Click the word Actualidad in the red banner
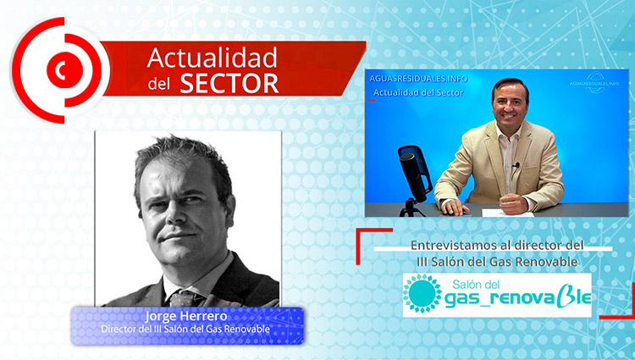pyautogui.click(x=213, y=58)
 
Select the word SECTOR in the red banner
pyautogui.click(x=229, y=84)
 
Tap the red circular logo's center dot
pyautogui.click(x=64, y=70)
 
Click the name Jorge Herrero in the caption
pyautogui.click(x=186, y=316)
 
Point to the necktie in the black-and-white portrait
pyautogui.click(x=185, y=299)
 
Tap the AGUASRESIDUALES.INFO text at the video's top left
pyautogui.click(x=418, y=79)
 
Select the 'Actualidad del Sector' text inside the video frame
pyautogui.click(x=418, y=92)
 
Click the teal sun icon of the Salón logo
pyautogui.click(x=422, y=293)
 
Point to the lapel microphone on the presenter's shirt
pyautogui.click(x=516, y=165)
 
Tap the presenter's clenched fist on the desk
pyautogui.click(x=513, y=203)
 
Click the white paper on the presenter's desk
pyautogui.click(x=508, y=213)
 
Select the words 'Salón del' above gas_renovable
pyautogui.click(x=476, y=284)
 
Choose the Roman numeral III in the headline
pyautogui.click(x=422, y=262)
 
